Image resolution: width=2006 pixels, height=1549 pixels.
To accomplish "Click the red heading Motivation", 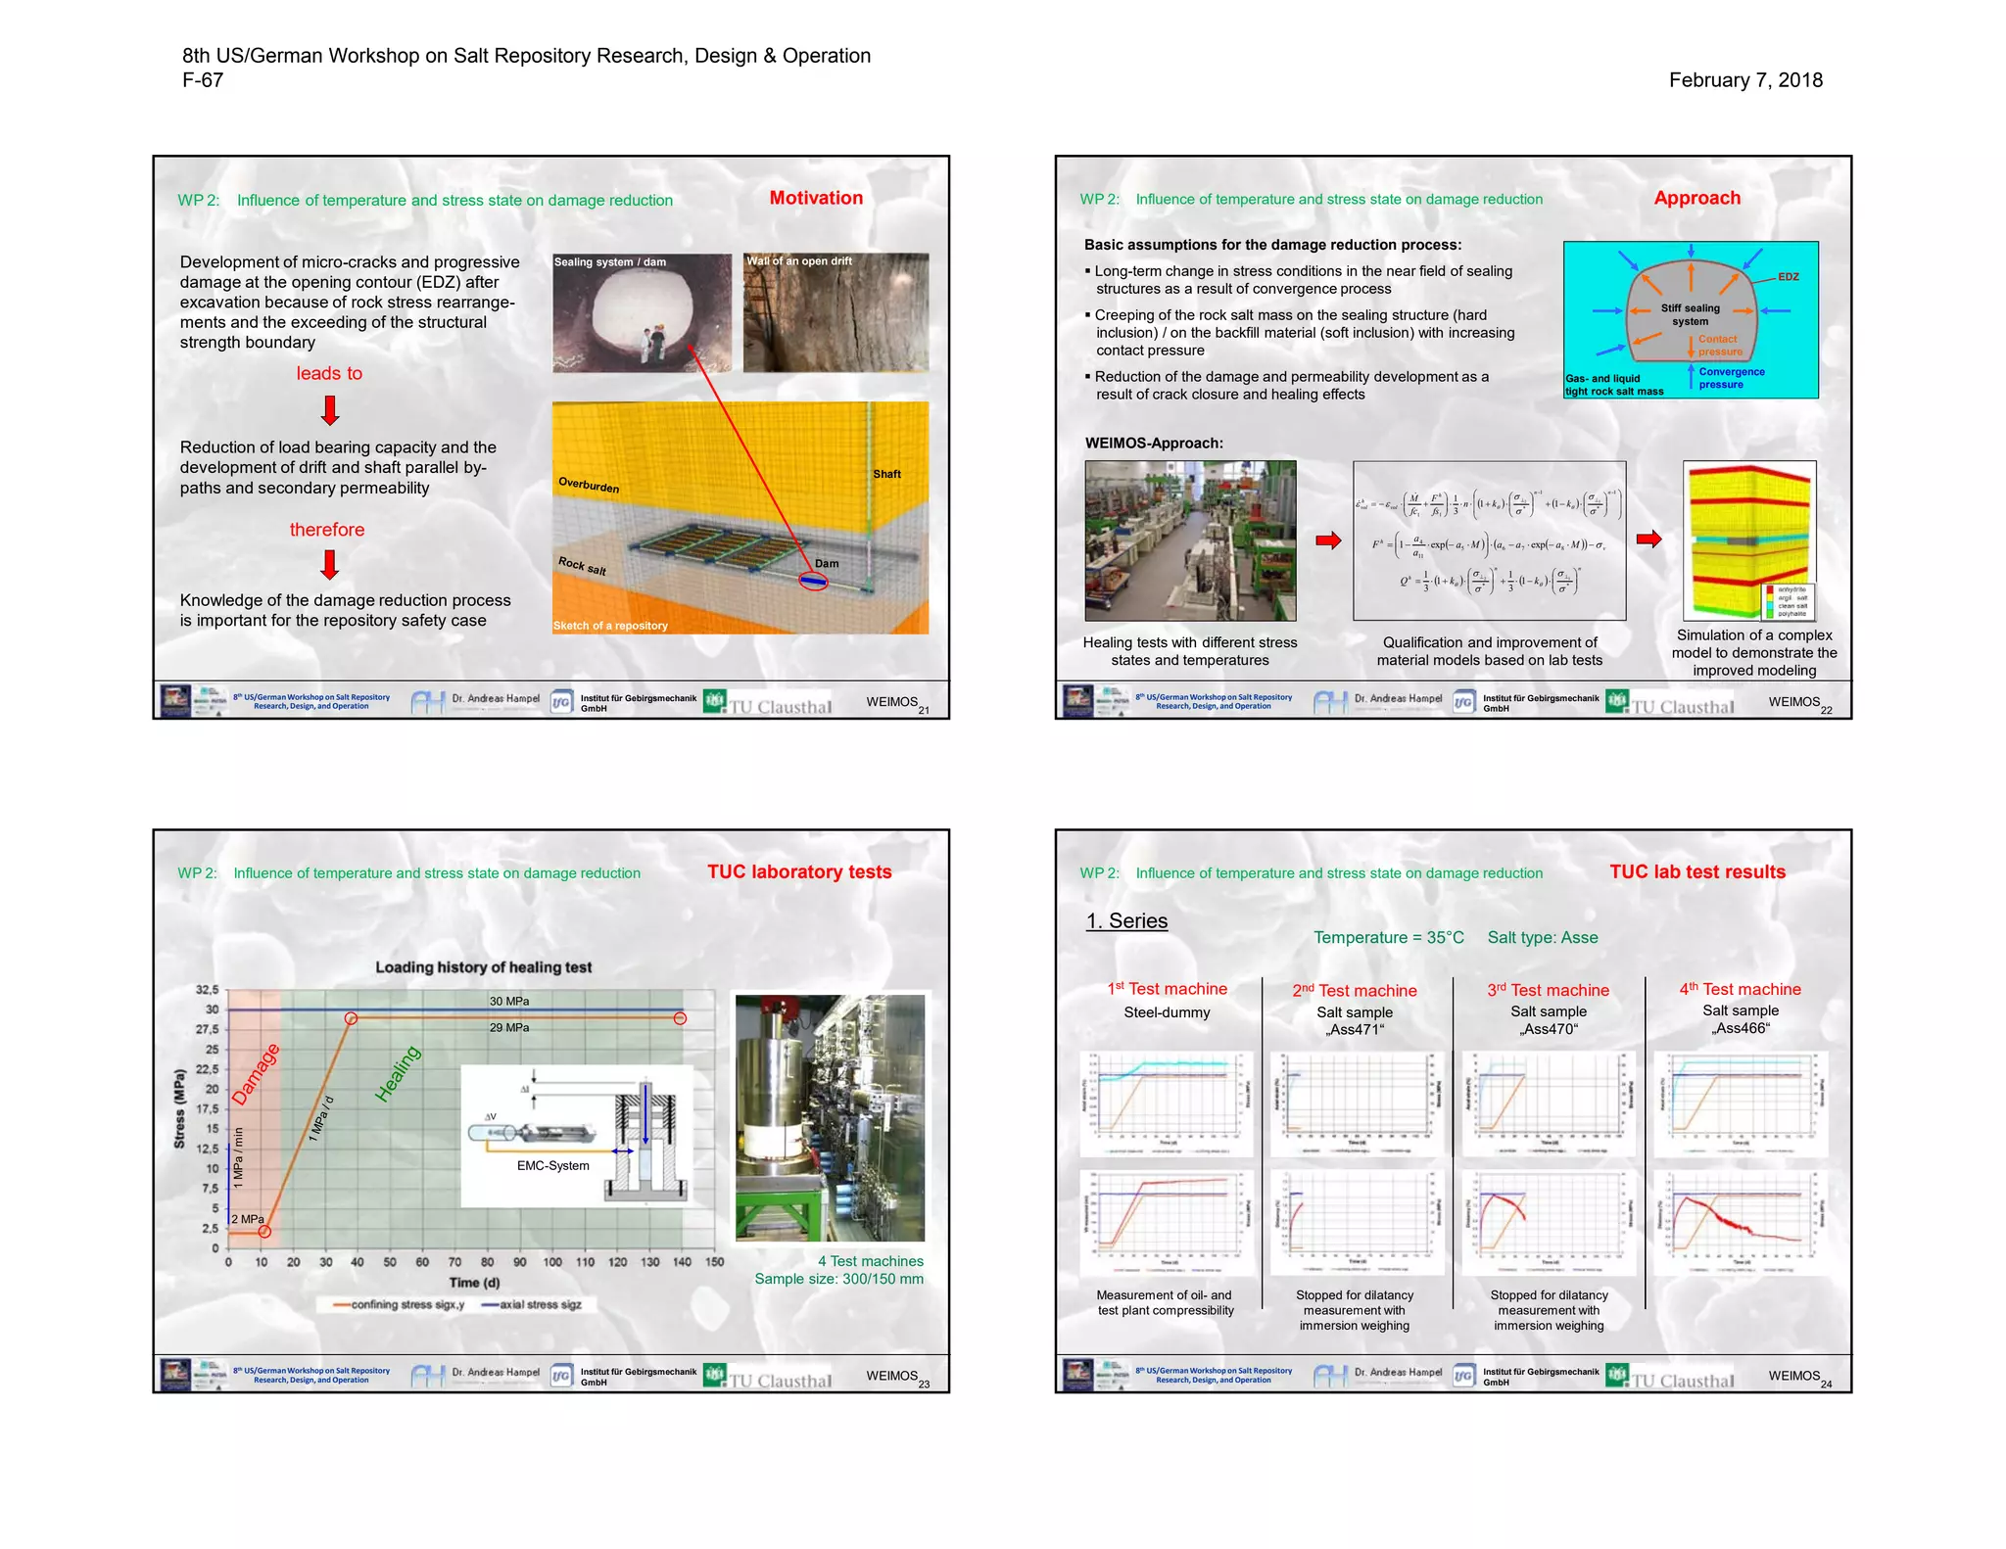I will [816, 198].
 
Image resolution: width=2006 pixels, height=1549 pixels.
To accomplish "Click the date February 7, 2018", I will [1744, 80].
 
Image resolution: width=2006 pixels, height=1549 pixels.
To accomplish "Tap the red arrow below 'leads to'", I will [330, 410].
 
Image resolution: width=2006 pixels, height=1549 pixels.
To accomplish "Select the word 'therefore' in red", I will [327, 530].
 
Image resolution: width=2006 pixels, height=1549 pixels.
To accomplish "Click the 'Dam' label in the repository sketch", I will [827, 564].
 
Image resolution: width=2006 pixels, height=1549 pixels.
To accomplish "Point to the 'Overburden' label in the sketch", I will [589, 485].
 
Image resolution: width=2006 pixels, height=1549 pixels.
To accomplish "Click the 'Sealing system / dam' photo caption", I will [610, 262].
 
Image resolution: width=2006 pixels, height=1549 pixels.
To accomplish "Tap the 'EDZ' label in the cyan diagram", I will [1788, 277].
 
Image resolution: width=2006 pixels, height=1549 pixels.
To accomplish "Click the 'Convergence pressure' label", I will [1731, 378].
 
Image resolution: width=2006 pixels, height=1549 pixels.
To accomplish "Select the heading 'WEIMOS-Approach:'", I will [1154, 443].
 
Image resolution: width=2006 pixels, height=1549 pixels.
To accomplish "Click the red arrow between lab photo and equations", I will [1327, 540].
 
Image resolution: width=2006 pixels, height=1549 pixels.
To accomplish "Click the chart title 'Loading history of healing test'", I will [484, 967].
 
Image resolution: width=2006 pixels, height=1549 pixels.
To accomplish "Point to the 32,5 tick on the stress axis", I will [208, 990].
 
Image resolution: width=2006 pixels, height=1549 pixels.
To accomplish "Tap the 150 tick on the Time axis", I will [714, 1262].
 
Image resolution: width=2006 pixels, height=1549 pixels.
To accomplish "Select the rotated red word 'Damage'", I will [256, 1074].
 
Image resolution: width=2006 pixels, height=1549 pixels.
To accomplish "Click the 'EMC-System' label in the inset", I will [553, 1166].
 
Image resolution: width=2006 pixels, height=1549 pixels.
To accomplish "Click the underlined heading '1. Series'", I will [1126, 921].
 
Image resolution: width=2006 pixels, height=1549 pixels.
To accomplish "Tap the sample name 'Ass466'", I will [1741, 1028].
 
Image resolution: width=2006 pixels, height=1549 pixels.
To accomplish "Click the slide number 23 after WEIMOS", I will [924, 1385].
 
